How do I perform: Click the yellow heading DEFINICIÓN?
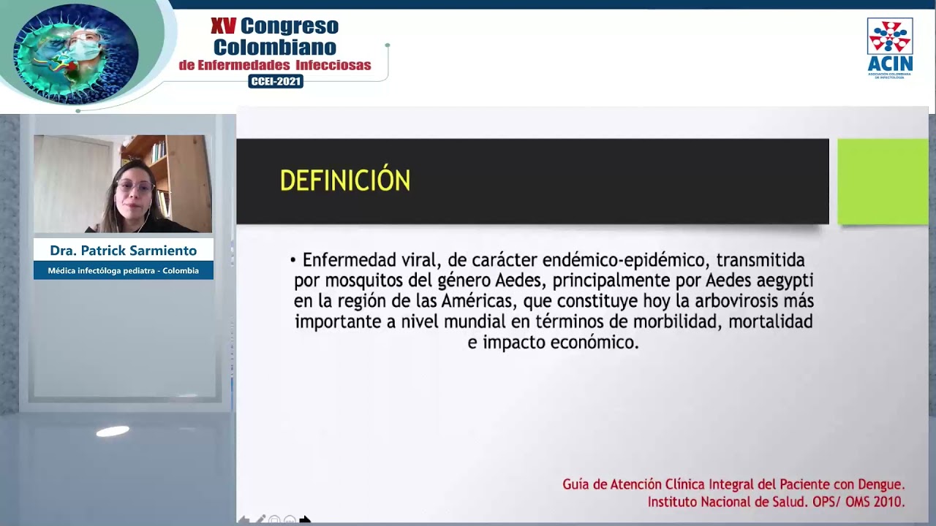(x=344, y=180)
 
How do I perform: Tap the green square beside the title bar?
(x=882, y=181)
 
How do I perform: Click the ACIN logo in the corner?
(x=889, y=47)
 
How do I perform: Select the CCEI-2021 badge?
(x=276, y=81)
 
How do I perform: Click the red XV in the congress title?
(x=223, y=27)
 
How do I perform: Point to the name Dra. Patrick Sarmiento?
(x=123, y=251)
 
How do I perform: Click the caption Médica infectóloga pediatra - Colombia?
(x=123, y=270)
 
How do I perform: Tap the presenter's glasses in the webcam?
(x=135, y=186)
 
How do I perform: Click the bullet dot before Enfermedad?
(x=292, y=260)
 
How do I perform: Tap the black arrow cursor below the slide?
(x=305, y=519)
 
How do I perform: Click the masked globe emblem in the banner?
(x=76, y=53)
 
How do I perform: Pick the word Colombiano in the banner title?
(x=275, y=47)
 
